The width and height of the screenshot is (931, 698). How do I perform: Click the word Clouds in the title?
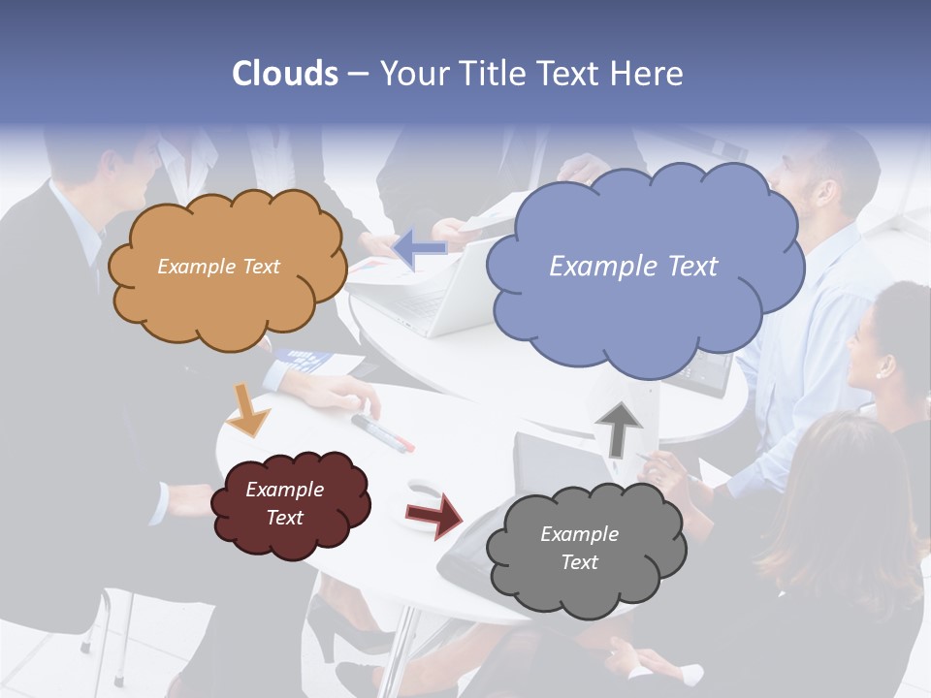pos(284,74)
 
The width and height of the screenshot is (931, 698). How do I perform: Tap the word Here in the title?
pos(648,74)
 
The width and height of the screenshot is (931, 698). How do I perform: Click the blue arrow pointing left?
pos(420,249)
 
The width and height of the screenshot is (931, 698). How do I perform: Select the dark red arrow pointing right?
pos(435,515)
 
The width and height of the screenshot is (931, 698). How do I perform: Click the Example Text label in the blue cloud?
pos(633,267)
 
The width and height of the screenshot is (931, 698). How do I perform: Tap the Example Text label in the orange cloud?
pos(218,267)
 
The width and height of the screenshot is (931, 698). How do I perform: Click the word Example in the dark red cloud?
pos(284,490)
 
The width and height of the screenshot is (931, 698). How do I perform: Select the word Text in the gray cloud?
pos(579,562)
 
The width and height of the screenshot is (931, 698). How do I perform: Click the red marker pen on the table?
pos(382,432)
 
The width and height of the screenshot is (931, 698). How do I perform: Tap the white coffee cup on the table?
pos(423,492)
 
